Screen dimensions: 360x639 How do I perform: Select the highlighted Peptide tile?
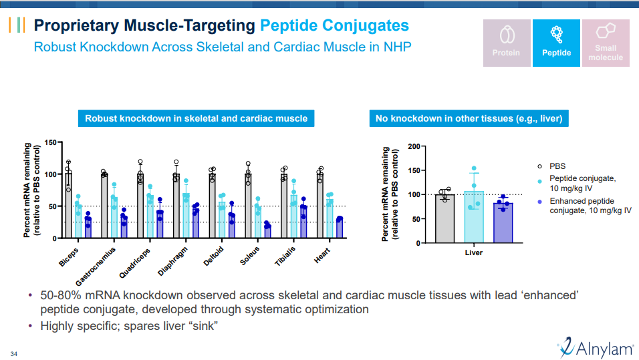pyautogui.click(x=556, y=43)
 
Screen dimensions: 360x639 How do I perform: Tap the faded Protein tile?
pyautogui.click(x=506, y=43)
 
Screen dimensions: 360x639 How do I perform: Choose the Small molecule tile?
pyautogui.click(x=605, y=43)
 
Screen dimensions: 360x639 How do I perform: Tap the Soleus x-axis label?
pyautogui.click(x=249, y=256)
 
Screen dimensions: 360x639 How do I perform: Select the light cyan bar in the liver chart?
pyautogui.click(x=473, y=216)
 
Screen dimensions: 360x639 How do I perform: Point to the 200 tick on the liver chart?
pyautogui.click(x=414, y=146)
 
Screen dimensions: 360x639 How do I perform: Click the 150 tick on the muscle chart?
pyautogui.click(x=51, y=142)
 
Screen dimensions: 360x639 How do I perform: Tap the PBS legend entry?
pyautogui.click(x=557, y=166)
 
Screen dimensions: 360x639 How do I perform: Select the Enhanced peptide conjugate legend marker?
pyautogui.click(x=539, y=201)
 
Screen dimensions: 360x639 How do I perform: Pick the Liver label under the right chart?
pyautogui.click(x=473, y=253)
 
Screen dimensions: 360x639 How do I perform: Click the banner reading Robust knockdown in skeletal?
pyautogui.click(x=196, y=118)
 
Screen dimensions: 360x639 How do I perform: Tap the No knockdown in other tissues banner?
pyautogui.click(x=469, y=118)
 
